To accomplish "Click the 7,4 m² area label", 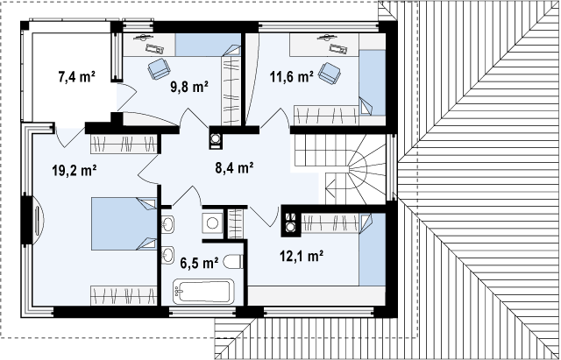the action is pos(76,76).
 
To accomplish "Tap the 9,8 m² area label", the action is pos(189,87).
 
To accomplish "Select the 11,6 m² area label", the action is pos(292,76).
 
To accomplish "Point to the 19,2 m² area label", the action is pos(75,171).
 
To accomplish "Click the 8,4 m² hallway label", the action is pos(234,167).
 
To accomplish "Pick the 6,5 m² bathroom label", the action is pos(199,263).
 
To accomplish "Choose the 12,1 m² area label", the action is pos(302,256).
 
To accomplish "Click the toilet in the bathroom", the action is pos(233,262).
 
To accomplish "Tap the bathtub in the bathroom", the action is pos(203,292).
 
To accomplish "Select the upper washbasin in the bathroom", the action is pos(167,224).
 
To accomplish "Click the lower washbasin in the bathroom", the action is pos(167,255).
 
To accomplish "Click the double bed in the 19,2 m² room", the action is pos(124,223).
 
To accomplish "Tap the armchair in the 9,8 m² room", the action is pos(159,68).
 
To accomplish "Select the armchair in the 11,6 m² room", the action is pos(330,73).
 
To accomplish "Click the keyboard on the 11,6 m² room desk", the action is pos(338,49).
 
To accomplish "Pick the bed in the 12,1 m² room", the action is pos(373,249).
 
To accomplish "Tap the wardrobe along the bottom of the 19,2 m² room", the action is pos(124,296).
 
